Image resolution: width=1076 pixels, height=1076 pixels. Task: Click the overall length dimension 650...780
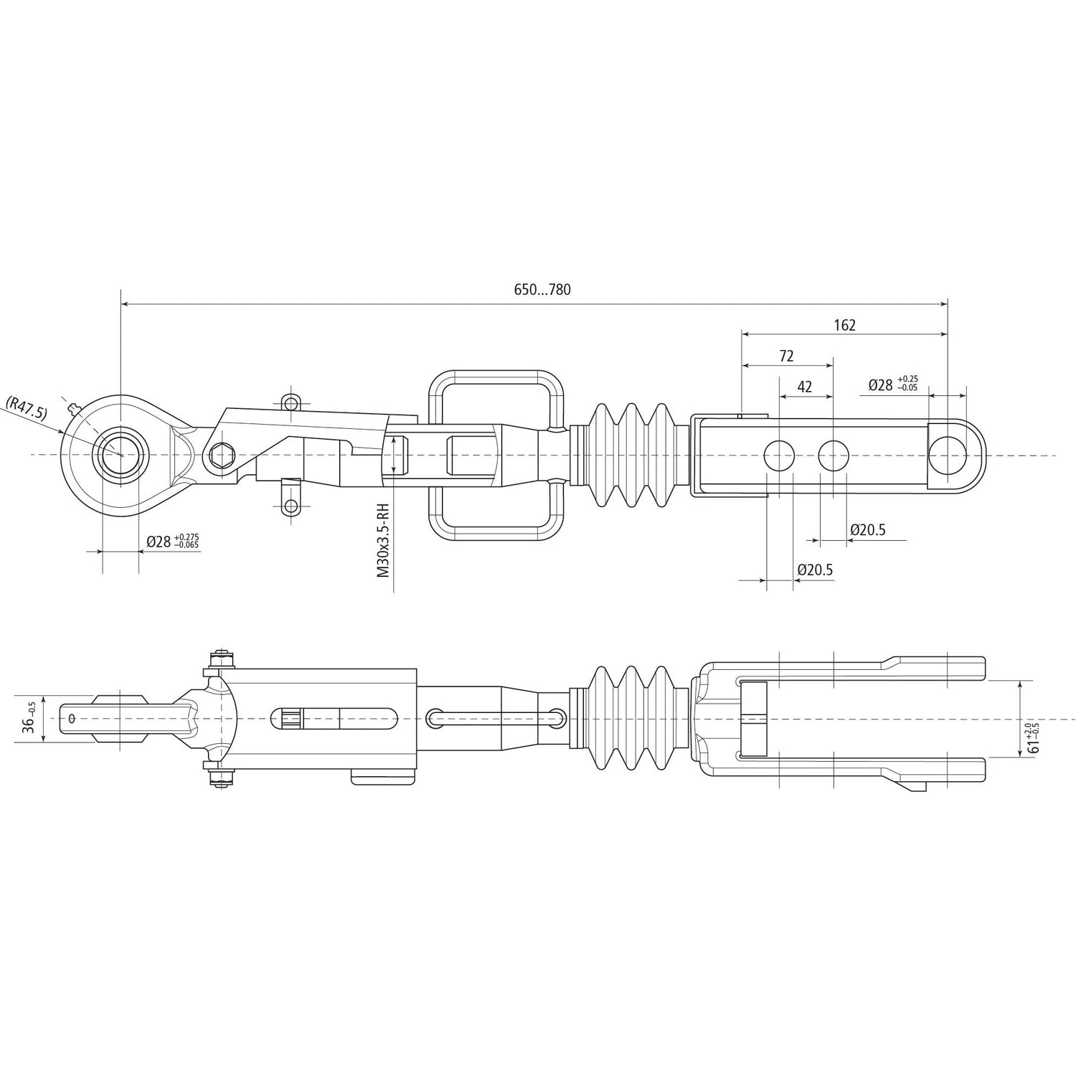tap(542, 290)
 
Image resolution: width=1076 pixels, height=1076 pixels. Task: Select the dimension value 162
tap(844, 325)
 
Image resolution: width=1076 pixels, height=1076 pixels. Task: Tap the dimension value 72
tap(786, 356)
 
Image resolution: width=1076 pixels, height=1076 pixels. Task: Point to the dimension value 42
tap(805, 387)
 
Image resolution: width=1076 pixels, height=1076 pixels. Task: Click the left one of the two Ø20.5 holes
tap(780, 455)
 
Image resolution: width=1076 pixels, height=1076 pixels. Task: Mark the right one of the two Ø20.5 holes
tap(834, 455)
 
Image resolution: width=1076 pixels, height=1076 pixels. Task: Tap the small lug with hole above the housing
tap(290, 402)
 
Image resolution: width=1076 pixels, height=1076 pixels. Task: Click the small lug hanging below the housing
tap(290, 504)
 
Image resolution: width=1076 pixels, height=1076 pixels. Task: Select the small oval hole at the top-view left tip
tap(72, 718)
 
